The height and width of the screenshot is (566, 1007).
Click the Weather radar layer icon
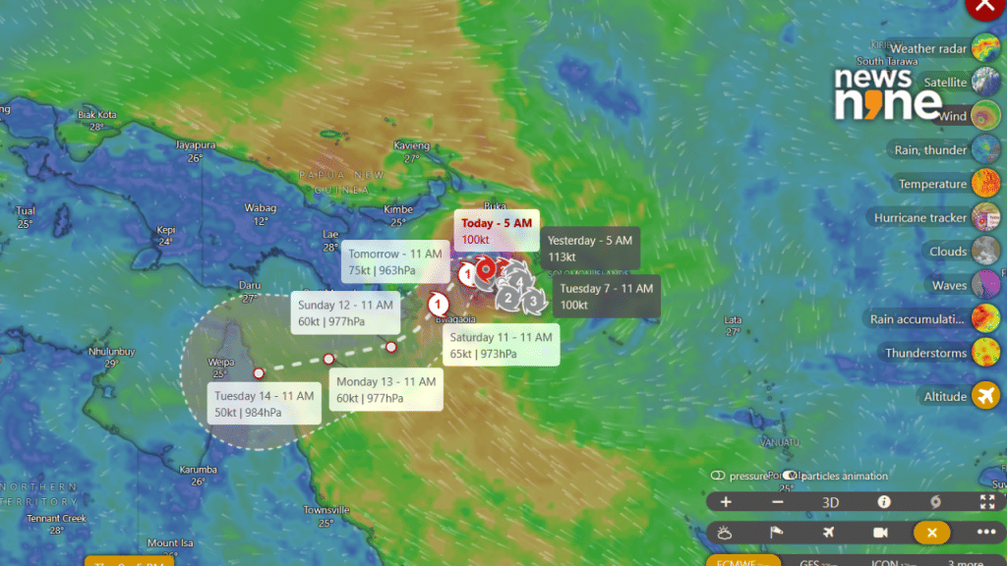click(985, 48)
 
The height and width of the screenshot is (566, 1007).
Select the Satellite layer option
click(985, 83)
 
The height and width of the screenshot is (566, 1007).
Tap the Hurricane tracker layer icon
click(985, 217)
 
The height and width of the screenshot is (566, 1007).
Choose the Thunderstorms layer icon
click(985, 353)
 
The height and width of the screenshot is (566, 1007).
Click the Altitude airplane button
click(985, 396)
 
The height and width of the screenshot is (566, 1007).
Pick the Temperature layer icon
click(985, 184)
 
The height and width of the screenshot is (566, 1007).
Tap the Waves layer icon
click(985, 285)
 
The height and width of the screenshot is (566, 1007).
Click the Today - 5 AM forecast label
click(497, 230)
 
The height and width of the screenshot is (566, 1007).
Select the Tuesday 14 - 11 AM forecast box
click(264, 404)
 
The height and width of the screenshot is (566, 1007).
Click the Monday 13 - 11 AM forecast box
click(385, 389)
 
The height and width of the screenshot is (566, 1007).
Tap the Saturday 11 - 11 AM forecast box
click(501, 345)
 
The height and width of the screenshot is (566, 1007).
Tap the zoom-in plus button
click(726, 502)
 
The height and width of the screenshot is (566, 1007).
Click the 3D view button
click(831, 502)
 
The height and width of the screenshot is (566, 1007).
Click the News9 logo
click(888, 94)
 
